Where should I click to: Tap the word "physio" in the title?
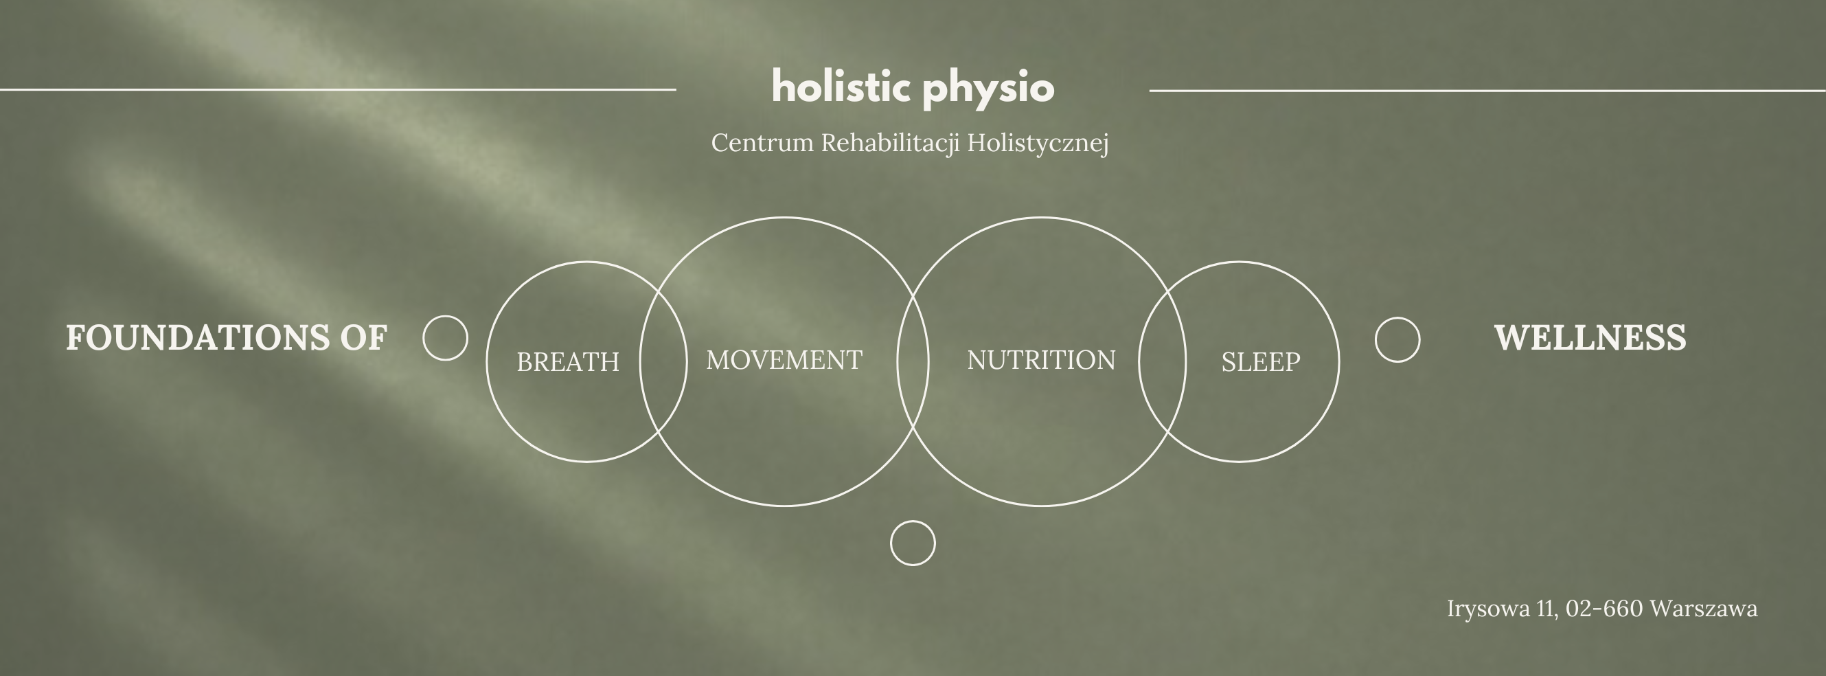(x=989, y=90)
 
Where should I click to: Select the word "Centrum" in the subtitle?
(x=762, y=143)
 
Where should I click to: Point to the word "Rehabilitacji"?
(x=890, y=144)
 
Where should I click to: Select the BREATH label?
(x=568, y=362)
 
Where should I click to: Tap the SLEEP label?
(x=1260, y=362)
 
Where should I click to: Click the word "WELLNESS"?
(x=1590, y=337)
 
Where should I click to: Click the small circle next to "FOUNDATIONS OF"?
(x=445, y=317)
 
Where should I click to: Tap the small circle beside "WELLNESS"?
(x=1397, y=318)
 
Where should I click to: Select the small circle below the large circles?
(x=912, y=521)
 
